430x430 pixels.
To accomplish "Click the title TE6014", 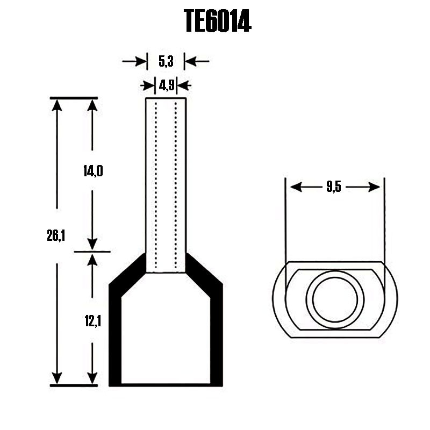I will pyautogui.click(x=217, y=21).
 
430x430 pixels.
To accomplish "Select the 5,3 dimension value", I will pyautogui.click(x=166, y=61).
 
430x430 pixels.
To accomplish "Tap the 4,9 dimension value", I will pyautogui.click(x=166, y=85).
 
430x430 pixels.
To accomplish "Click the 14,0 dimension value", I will pyautogui.click(x=92, y=171).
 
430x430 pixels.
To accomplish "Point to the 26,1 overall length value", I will pyautogui.click(x=56, y=235).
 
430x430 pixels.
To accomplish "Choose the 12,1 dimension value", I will pyautogui.click(x=92, y=321).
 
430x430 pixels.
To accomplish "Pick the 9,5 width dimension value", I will pyautogui.click(x=334, y=187).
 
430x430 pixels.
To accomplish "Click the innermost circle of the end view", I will pyautogui.click(x=335, y=299).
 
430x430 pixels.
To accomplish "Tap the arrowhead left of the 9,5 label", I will pyautogui.click(x=295, y=187).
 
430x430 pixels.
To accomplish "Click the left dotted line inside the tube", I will pyautogui.click(x=156, y=183).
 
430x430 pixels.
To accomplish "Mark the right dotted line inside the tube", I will pyautogui.click(x=176, y=183).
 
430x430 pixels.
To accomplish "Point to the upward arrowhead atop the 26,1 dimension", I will pyautogui.click(x=56, y=105).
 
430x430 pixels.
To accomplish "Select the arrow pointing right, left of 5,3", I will pyautogui.click(x=141, y=61).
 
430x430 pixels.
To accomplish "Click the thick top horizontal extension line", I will pyautogui.click(x=74, y=98).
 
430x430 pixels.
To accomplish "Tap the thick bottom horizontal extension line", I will pyautogui.click(x=74, y=385).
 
